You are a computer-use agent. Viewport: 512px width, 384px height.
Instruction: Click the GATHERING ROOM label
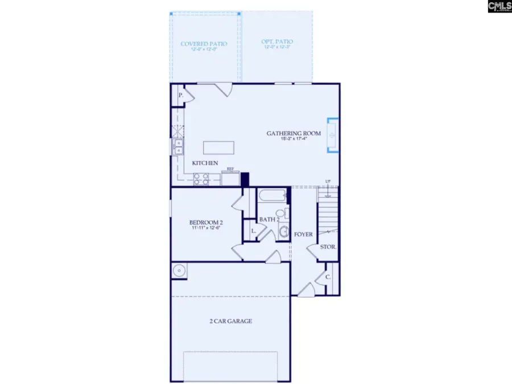click(294, 134)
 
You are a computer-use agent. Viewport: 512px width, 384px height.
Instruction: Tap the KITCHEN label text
click(205, 163)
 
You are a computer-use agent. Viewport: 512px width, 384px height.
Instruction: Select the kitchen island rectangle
click(219, 147)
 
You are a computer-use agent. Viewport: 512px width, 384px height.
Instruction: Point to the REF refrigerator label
click(231, 169)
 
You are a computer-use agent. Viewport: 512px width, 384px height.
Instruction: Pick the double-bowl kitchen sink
click(177, 148)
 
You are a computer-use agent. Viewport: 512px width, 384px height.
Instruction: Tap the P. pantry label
click(180, 96)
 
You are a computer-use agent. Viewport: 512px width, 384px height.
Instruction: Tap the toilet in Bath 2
click(287, 214)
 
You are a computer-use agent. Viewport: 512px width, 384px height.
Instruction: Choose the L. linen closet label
click(253, 232)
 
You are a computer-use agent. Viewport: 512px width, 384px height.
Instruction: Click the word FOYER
click(303, 234)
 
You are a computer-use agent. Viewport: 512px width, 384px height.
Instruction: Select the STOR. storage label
click(328, 247)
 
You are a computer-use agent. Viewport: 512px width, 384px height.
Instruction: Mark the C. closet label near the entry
click(328, 278)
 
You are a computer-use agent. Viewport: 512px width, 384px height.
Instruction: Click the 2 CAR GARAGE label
click(230, 321)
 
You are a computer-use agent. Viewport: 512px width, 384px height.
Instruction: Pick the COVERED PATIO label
click(204, 44)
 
